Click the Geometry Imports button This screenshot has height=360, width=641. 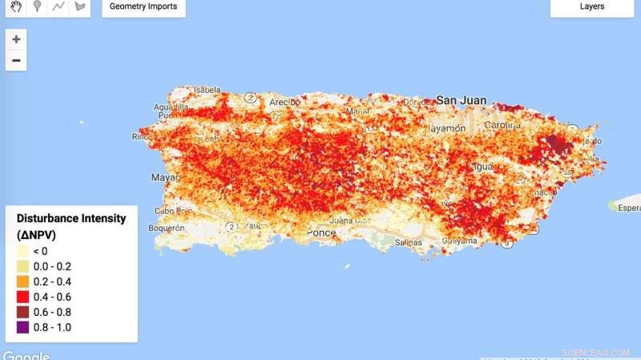(144, 7)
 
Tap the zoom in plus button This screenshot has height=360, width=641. (16, 38)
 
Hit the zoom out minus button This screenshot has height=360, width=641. (16, 60)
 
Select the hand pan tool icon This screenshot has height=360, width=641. (15, 6)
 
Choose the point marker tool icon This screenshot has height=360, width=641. (37, 6)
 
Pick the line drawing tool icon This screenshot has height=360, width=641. (58, 6)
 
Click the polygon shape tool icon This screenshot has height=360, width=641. (79, 6)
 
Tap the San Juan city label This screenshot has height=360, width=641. (461, 100)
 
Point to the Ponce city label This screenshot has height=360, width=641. (321, 233)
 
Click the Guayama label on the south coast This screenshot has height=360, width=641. (459, 239)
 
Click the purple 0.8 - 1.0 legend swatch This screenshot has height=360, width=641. (22, 326)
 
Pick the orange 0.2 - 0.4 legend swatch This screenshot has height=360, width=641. (22, 281)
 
